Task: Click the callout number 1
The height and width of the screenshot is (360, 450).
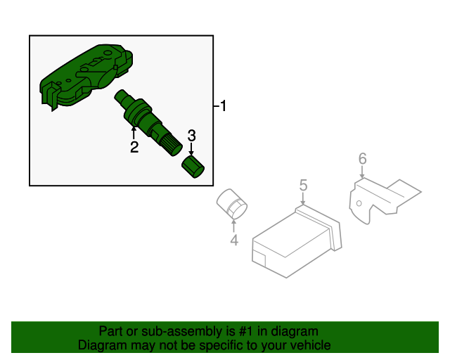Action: [223, 105]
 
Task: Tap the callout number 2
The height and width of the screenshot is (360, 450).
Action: [134, 147]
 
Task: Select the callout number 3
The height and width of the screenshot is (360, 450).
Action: [192, 136]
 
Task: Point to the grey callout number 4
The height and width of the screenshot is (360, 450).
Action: [234, 240]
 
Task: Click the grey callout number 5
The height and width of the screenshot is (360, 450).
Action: [303, 185]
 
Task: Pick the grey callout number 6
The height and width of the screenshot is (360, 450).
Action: [363, 158]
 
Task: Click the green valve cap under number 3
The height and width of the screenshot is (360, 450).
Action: [193, 167]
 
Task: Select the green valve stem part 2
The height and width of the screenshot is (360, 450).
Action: [148, 123]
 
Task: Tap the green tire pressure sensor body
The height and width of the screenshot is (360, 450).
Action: [86, 77]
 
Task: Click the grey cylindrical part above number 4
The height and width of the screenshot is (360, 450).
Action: [232, 204]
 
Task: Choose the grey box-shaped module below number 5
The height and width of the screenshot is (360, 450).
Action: [297, 242]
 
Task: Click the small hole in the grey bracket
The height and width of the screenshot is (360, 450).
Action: [359, 203]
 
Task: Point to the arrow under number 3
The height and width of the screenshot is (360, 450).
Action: [191, 148]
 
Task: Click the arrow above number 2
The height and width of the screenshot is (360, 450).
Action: [134, 134]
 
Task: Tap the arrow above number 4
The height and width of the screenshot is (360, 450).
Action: [234, 226]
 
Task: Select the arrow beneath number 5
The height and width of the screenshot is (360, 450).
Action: [303, 199]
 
